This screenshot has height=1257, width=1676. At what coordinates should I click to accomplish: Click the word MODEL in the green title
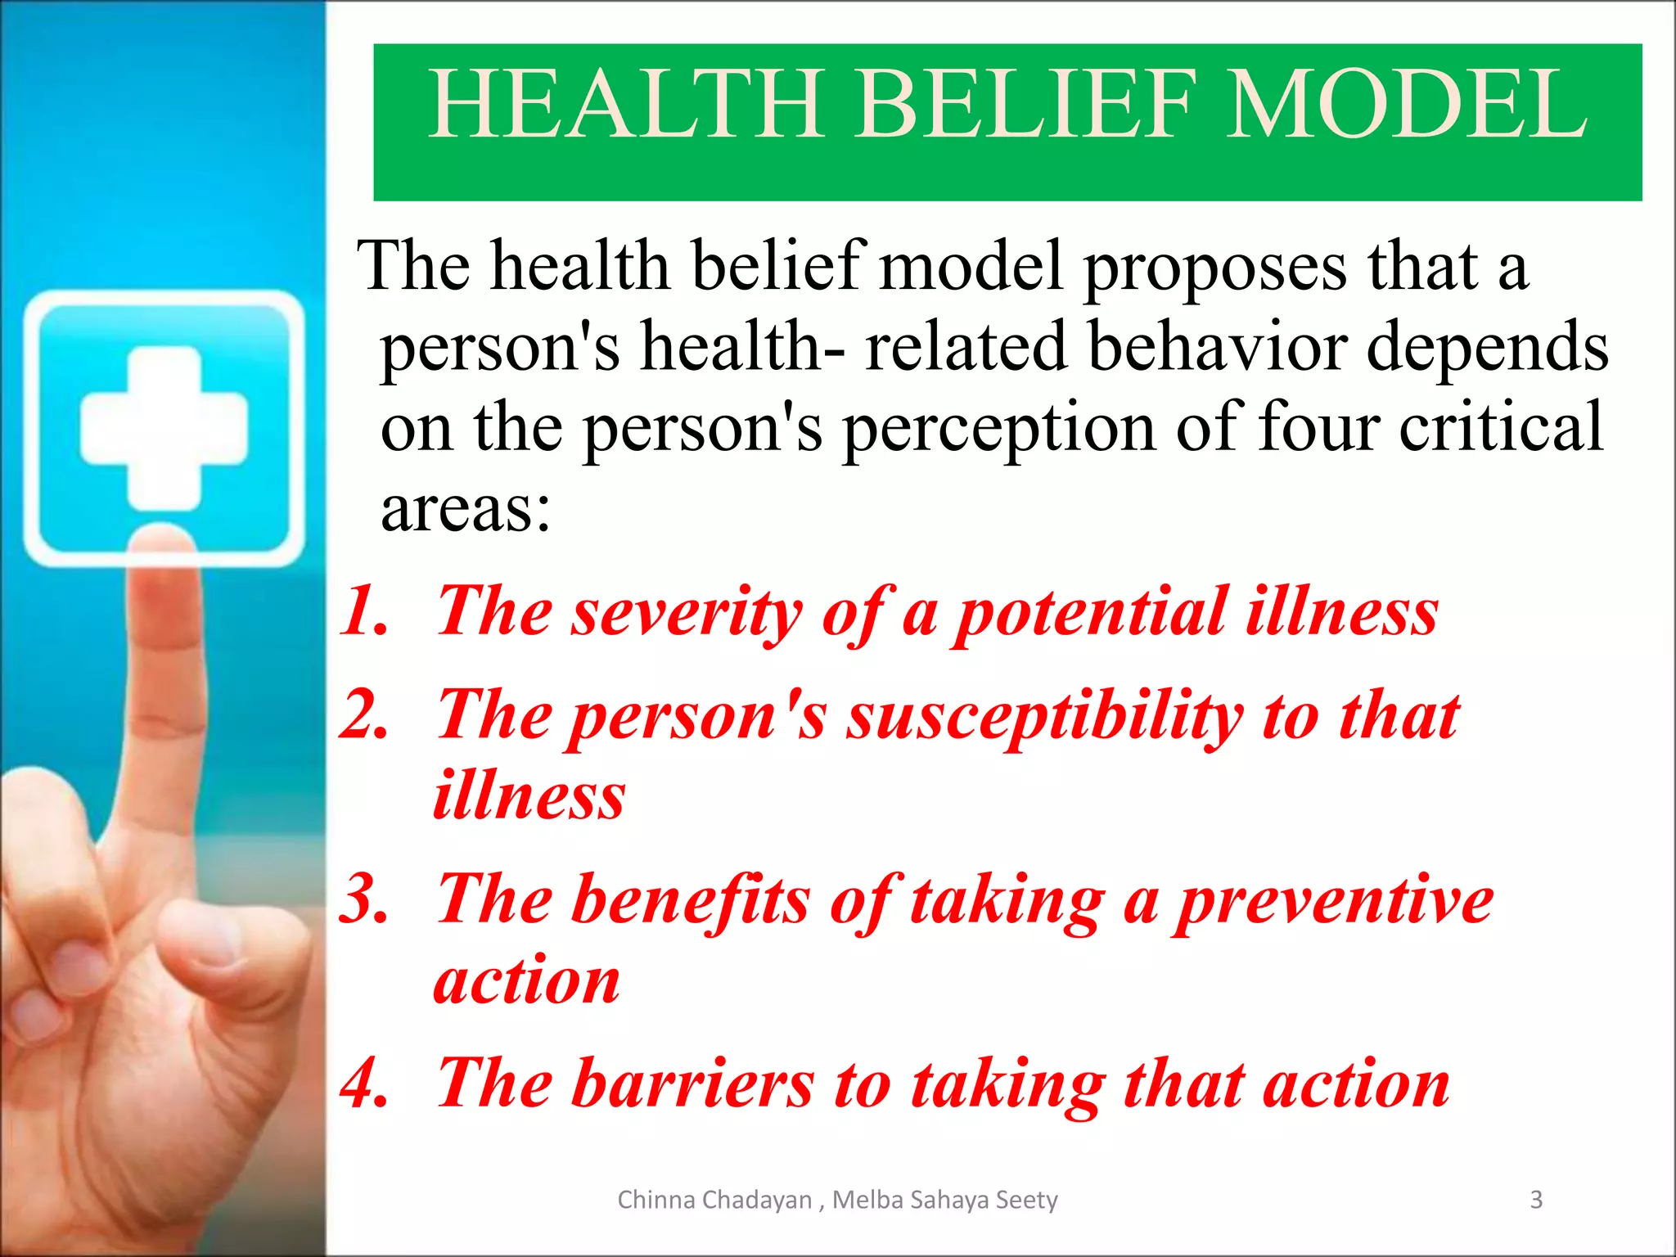[x=1406, y=105]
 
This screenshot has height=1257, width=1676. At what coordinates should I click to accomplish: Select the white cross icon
[x=164, y=428]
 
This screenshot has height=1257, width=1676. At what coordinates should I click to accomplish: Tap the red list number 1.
[x=364, y=611]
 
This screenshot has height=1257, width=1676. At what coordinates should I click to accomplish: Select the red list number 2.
[x=364, y=714]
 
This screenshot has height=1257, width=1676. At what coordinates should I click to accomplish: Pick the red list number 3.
[x=364, y=899]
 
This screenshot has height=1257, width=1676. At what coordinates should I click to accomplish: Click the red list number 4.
[x=364, y=1083]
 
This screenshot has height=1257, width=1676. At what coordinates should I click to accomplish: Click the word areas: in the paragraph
[x=465, y=509]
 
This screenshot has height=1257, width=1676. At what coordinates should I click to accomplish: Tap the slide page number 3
[x=1536, y=1200]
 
